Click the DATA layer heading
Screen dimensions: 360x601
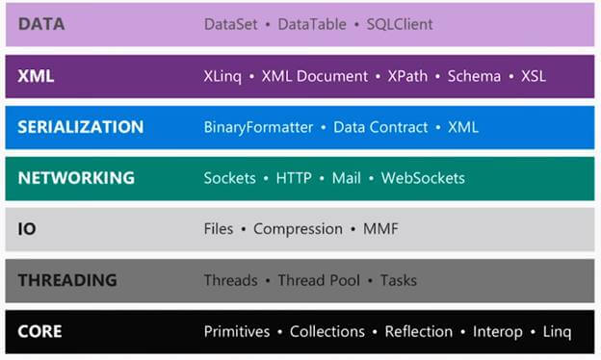[41, 24]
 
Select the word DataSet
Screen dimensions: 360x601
[231, 24]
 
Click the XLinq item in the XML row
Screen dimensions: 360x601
[223, 75]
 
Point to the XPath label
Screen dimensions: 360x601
[408, 75]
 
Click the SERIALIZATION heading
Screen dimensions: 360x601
[80, 127]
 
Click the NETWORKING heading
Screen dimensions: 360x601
[76, 178]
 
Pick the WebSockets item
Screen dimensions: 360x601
[423, 178]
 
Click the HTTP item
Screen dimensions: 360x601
[295, 178]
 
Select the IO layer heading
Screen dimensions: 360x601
[27, 229]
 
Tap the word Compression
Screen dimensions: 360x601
[298, 229]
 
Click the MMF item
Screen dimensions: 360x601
[380, 229]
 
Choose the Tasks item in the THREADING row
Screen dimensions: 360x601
[398, 280]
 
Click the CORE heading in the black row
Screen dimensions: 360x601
[39, 331]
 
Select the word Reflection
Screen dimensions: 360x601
[418, 331]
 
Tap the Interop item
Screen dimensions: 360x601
[496, 331]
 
